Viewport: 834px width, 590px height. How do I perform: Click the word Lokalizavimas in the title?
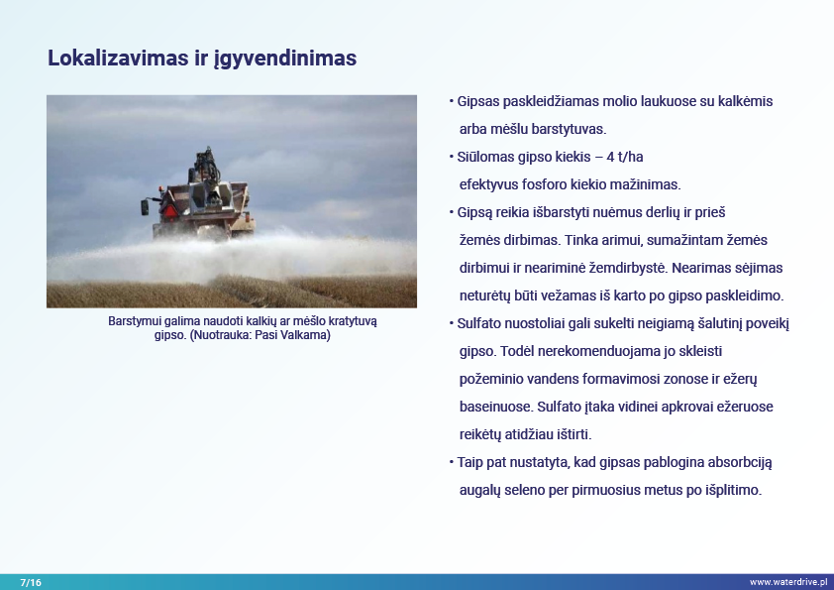pos(118,58)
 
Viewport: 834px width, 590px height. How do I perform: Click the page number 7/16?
pos(31,582)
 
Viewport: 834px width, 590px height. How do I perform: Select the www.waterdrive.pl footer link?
pos(788,582)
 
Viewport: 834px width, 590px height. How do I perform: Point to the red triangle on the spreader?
pos(169,211)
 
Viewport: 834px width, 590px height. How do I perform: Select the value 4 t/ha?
pos(625,157)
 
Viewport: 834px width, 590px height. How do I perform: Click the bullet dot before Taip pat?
pos(452,462)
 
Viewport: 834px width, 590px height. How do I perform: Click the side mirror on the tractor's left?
pos(145,207)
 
